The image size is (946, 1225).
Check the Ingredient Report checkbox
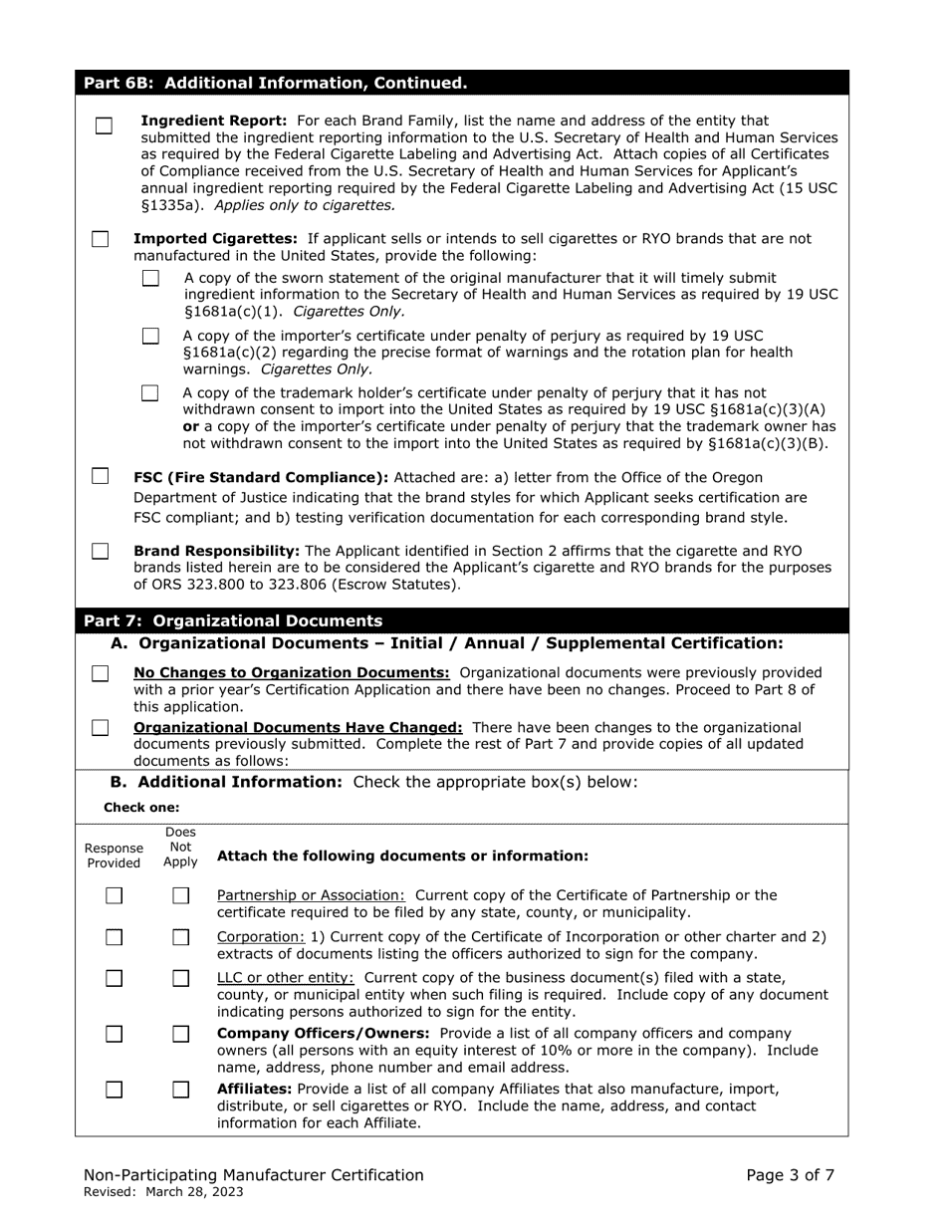pos(104,126)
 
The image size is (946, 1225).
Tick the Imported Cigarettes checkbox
pos(101,239)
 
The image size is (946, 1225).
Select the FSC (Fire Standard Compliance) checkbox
pos(101,476)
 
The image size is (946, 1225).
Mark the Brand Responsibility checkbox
pos(101,551)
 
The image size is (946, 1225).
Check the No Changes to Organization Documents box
pos(101,674)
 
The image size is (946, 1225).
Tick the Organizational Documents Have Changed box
pos(101,728)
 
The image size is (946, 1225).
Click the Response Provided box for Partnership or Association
pos(115,896)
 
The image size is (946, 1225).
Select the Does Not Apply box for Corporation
pos(180,937)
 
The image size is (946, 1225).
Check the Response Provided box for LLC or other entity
pos(115,978)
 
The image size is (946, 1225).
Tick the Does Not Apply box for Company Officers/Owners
pos(180,1034)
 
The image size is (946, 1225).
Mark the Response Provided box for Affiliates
pos(115,1090)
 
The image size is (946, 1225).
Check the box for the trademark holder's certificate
pos(150,393)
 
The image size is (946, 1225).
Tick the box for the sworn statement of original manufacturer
pos(150,279)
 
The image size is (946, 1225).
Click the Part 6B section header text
pos(275,83)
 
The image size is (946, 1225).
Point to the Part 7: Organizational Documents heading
pos(233,620)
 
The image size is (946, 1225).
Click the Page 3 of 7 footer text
pos(791,1175)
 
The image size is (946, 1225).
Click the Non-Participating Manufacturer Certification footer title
pos(254,1175)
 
